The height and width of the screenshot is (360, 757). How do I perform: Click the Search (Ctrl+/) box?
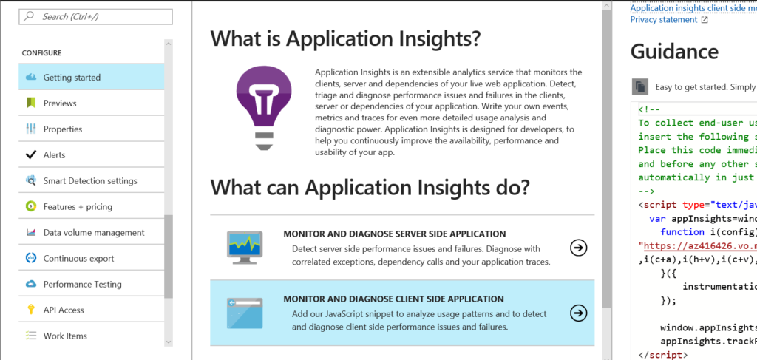(95, 16)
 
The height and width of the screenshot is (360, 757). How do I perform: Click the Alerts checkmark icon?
(31, 155)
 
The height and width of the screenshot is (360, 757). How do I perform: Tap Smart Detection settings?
(91, 180)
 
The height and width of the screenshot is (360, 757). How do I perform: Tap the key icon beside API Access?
(31, 310)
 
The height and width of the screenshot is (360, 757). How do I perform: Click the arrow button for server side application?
(578, 248)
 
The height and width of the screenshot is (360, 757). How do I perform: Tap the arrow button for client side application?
(578, 313)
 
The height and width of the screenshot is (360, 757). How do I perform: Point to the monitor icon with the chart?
(245, 248)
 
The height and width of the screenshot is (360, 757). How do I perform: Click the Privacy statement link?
(664, 20)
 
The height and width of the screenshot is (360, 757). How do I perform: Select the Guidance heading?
(674, 51)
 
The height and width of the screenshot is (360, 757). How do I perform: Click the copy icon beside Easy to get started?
(640, 87)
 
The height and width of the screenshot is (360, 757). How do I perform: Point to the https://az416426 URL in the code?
(698, 245)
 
